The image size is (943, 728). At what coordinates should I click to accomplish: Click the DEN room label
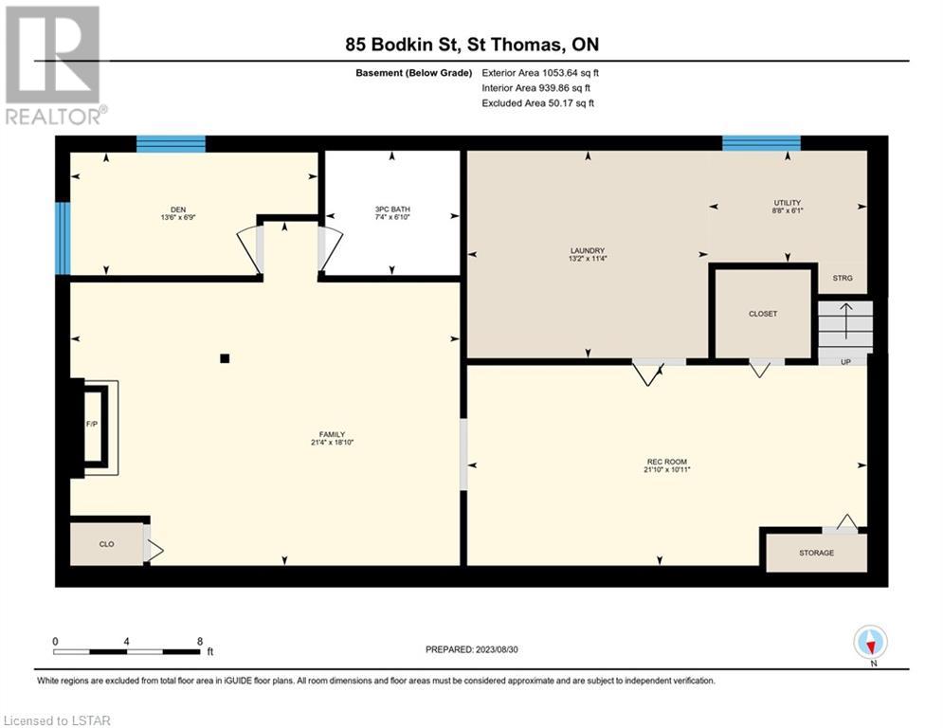(x=178, y=209)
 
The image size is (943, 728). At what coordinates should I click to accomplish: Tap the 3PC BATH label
(x=392, y=209)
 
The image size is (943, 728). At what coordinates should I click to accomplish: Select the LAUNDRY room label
(x=588, y=250)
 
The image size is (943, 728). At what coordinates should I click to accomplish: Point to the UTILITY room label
(x=788, y=203)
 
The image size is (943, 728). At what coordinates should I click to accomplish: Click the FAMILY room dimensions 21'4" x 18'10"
(x=332, y=443)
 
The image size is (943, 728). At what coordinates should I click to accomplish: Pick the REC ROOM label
(x=667, y=462)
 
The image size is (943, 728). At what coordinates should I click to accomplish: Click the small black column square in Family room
(x=225, y=358)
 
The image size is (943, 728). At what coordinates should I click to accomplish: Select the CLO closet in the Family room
(x=106, y=544)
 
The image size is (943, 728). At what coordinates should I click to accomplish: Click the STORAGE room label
(x=816, y=553)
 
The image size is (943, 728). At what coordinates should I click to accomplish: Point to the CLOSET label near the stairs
(x=763, y=314)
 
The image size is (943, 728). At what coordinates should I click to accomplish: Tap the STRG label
(x=843, y=278)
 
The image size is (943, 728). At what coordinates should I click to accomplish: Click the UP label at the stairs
(x=845, y=362)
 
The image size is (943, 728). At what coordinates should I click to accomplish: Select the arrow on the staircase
(x=846, y=321)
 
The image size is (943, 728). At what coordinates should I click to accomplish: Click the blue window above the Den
(x=171, y=144)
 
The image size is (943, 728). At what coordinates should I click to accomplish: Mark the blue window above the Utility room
(x=761, y=143)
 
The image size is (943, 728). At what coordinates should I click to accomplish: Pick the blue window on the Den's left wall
(x=63, y=238)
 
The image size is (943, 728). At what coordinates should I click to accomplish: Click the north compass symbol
(x=870, y=642)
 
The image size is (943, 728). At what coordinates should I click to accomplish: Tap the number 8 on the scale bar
(x=200, y=642)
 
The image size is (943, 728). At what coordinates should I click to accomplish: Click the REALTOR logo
(x=54, y=65)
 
